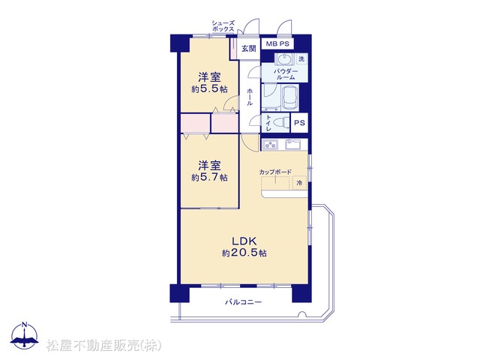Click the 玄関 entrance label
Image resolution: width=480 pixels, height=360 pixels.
[248, 48]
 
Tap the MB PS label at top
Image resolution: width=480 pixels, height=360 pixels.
[277, 43]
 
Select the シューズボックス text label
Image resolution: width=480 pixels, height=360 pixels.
[223, 26]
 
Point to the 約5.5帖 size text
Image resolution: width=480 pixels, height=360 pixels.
[209, 89]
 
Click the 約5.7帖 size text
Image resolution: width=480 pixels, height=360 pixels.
[209, 178]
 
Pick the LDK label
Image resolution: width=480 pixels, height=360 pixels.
[244, 241]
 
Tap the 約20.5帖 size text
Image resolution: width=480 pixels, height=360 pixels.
[244, 253]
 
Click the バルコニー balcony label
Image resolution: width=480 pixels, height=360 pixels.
[244, 302]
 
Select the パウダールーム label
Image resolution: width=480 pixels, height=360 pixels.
[285, 74]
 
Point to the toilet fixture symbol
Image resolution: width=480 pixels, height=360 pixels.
[281, 123]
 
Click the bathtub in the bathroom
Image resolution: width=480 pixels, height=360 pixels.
[290, 97]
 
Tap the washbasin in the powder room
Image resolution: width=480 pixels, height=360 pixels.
[285, 58]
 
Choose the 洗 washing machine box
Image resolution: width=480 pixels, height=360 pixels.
[301, 59]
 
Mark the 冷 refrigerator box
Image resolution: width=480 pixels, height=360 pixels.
[299, 183]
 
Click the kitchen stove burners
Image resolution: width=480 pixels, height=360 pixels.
[270, 144]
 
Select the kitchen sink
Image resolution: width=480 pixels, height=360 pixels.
[293, 144]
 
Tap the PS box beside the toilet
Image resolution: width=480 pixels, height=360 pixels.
[299, 123]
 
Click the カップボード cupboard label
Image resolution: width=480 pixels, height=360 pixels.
[275, 172]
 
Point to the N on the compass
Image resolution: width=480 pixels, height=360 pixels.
[25, 325]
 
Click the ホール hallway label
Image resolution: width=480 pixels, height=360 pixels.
[250, 97]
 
